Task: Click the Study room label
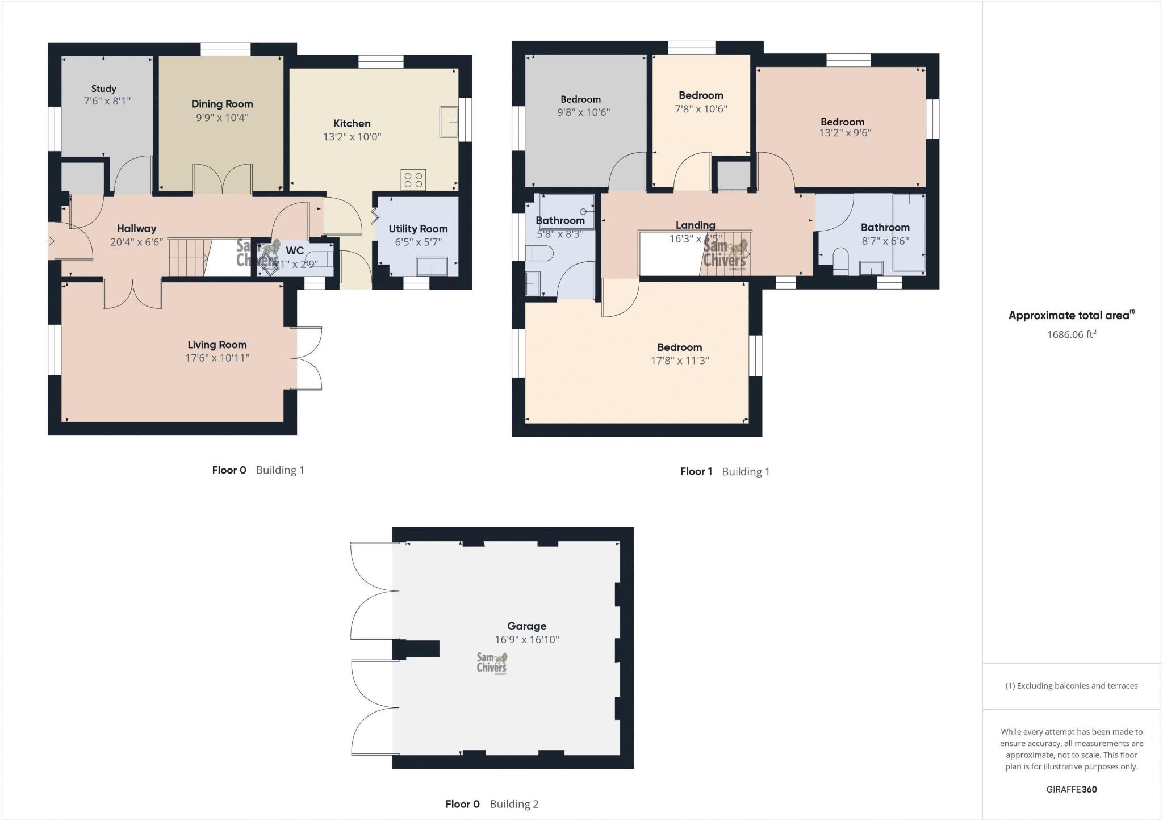(103, 89)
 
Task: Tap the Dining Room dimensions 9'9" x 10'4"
(222, 118)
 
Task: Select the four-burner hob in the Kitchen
(413, 180)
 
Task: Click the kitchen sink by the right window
(448, 122)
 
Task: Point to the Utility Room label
(418, 229)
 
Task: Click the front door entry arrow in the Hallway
(49, 241)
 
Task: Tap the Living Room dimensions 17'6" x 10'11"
(217, 358)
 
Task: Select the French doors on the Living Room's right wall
(308, 358)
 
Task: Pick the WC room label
(295, 250)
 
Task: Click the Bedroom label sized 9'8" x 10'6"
(580, 99)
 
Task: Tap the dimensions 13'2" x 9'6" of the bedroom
(846, 133)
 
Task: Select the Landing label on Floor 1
(695, 225)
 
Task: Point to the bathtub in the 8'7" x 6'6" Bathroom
(909, 233)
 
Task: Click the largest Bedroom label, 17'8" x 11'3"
(679, 347)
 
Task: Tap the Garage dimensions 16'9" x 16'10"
(526, 640)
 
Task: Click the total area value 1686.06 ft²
(1071, 334)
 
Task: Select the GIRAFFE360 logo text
(1071, 789)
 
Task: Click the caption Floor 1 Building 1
(725, 471)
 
